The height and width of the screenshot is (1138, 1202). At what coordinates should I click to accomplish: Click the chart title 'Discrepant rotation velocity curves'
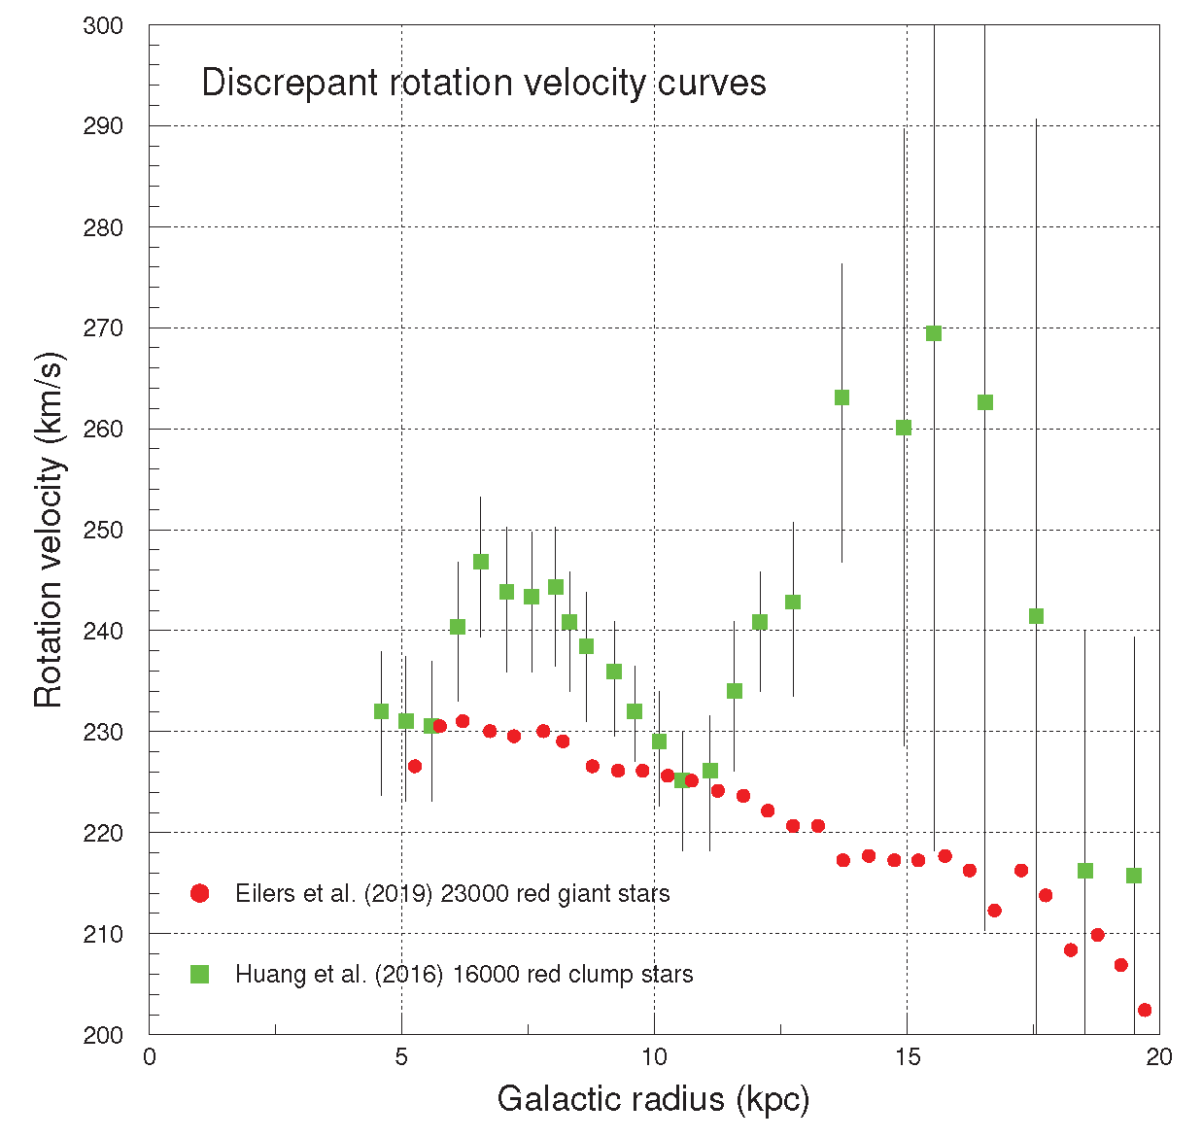pos(483,83)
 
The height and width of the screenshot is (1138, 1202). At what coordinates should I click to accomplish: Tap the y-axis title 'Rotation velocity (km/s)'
pos(49,530)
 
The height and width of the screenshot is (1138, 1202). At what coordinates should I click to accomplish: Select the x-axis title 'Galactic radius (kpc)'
pos(653,1099)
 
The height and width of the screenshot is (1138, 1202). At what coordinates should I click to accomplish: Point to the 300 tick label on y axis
pos(103,26)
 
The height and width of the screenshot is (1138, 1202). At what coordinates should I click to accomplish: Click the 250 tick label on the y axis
pos(103,531)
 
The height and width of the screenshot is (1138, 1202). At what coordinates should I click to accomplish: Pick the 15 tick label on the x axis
pos(907,1057)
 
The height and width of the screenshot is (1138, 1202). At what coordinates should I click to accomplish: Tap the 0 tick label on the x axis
pos(149,1057)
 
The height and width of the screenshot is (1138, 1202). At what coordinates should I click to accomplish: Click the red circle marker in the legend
pos(200,893)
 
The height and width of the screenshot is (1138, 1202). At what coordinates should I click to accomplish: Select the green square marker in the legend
pos(200,974)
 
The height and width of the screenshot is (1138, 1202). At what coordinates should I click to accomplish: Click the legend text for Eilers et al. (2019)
pos(452,894)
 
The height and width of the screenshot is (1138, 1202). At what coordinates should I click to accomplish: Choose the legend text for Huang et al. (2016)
pos(464,975)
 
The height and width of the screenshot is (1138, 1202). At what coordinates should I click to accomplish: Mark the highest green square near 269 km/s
pos(934,333)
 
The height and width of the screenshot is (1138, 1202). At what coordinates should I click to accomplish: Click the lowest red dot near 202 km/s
pos(1145,1010)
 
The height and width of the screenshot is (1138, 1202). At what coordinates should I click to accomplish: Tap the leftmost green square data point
pos(381,711)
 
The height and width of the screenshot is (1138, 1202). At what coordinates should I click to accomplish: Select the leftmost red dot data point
pos(415,766)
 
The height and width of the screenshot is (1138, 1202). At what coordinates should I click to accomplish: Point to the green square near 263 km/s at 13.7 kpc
pos(841,397)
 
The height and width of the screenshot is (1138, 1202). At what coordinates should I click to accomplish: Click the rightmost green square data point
pos(1134,876)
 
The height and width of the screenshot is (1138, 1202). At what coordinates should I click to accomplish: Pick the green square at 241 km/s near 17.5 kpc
pos(1036,616)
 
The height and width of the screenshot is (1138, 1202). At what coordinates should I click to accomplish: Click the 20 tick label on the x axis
pos(1158,1057)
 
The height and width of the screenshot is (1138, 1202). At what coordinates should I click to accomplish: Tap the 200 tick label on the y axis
pos(103,1035)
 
